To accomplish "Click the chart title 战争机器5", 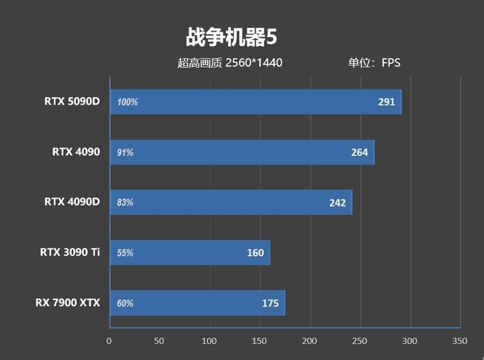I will click(231, 38).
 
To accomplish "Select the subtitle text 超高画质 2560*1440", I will click(230, 62).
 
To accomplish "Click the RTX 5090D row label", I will click(71, 101).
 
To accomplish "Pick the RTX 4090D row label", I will click(71, 201).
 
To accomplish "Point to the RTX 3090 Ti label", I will click(70, 252).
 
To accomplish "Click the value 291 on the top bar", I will click(386, 102).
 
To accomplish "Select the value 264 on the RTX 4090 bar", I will click(359, 152).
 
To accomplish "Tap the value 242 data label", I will click(337, 203).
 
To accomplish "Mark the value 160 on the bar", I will click(255, 253).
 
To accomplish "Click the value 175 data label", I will click(270, 303).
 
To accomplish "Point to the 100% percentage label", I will click(128, 102).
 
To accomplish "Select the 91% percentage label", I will click(125, 152).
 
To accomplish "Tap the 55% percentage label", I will click(125, 253).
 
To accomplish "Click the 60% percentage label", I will click(125, 303).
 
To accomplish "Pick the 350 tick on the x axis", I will click(460, 341).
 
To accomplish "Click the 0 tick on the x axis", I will click(109, 341).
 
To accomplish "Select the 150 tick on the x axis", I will click(260, 341).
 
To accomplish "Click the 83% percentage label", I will click(125, 203).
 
